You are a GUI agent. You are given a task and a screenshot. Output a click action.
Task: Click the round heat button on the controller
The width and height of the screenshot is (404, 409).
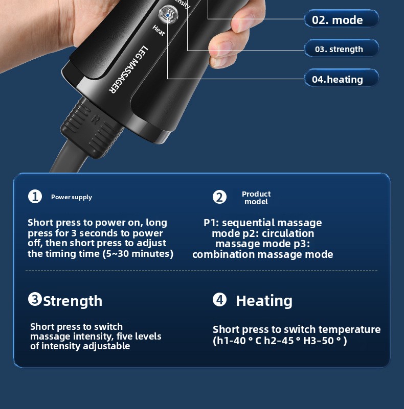(x=168, y=14)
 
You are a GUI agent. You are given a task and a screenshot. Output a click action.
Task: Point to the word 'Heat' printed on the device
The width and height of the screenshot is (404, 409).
(x=159, y=31)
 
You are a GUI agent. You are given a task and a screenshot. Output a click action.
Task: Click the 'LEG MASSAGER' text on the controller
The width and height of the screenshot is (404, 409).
(x=128, y=69)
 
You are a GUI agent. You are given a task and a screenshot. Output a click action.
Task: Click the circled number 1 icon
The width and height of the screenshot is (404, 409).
(x=35, y=197)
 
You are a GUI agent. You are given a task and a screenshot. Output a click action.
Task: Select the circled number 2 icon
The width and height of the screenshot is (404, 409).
(x=219, y=197)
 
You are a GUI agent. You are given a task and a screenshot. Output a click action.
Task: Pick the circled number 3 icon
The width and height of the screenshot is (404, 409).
(x=35, y=299)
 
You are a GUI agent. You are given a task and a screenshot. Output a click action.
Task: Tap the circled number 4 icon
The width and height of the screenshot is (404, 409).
(x=219, y=299)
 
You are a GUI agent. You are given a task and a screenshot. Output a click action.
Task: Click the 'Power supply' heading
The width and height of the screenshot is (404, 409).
(x=72, y=197)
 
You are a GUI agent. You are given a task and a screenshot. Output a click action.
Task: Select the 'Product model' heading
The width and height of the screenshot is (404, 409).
(x=256, y=198)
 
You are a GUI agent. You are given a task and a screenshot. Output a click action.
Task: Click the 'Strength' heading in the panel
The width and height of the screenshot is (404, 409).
(x=73, y=301)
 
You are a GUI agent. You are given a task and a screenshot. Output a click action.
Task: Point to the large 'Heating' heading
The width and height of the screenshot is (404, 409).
(x=264, y=301)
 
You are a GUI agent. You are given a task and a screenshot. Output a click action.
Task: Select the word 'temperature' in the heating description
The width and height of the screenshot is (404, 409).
(x=349, y=330)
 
